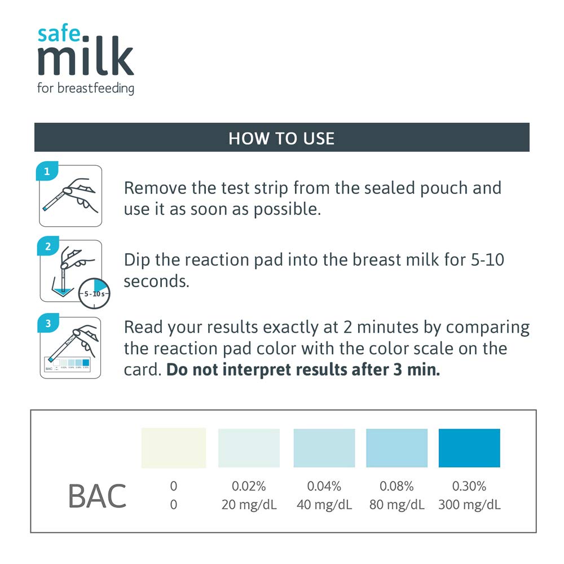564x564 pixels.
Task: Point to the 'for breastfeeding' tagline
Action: click(x=86, y=88)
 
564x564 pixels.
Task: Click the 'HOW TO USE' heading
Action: click(x=281, y=138)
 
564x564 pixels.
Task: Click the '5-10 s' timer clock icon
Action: click(x=93, y=294)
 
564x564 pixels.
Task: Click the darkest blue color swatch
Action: click(x=469, y=448)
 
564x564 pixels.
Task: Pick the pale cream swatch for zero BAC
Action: click(x=174, y=448)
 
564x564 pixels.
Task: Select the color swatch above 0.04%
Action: click(x=324, y=448)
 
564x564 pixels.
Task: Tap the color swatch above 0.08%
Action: click(x=396, y=448)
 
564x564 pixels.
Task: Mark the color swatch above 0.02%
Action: click(x=249, y=448)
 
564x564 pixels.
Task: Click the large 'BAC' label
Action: click(x=97, y=496)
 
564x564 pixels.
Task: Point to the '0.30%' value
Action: click(x=469, y=486)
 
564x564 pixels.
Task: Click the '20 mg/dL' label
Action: click(x=249, y=504)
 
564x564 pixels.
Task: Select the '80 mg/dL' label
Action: click(x=396, y=504)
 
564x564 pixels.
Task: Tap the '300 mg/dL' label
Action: click(x=469, y=504)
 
